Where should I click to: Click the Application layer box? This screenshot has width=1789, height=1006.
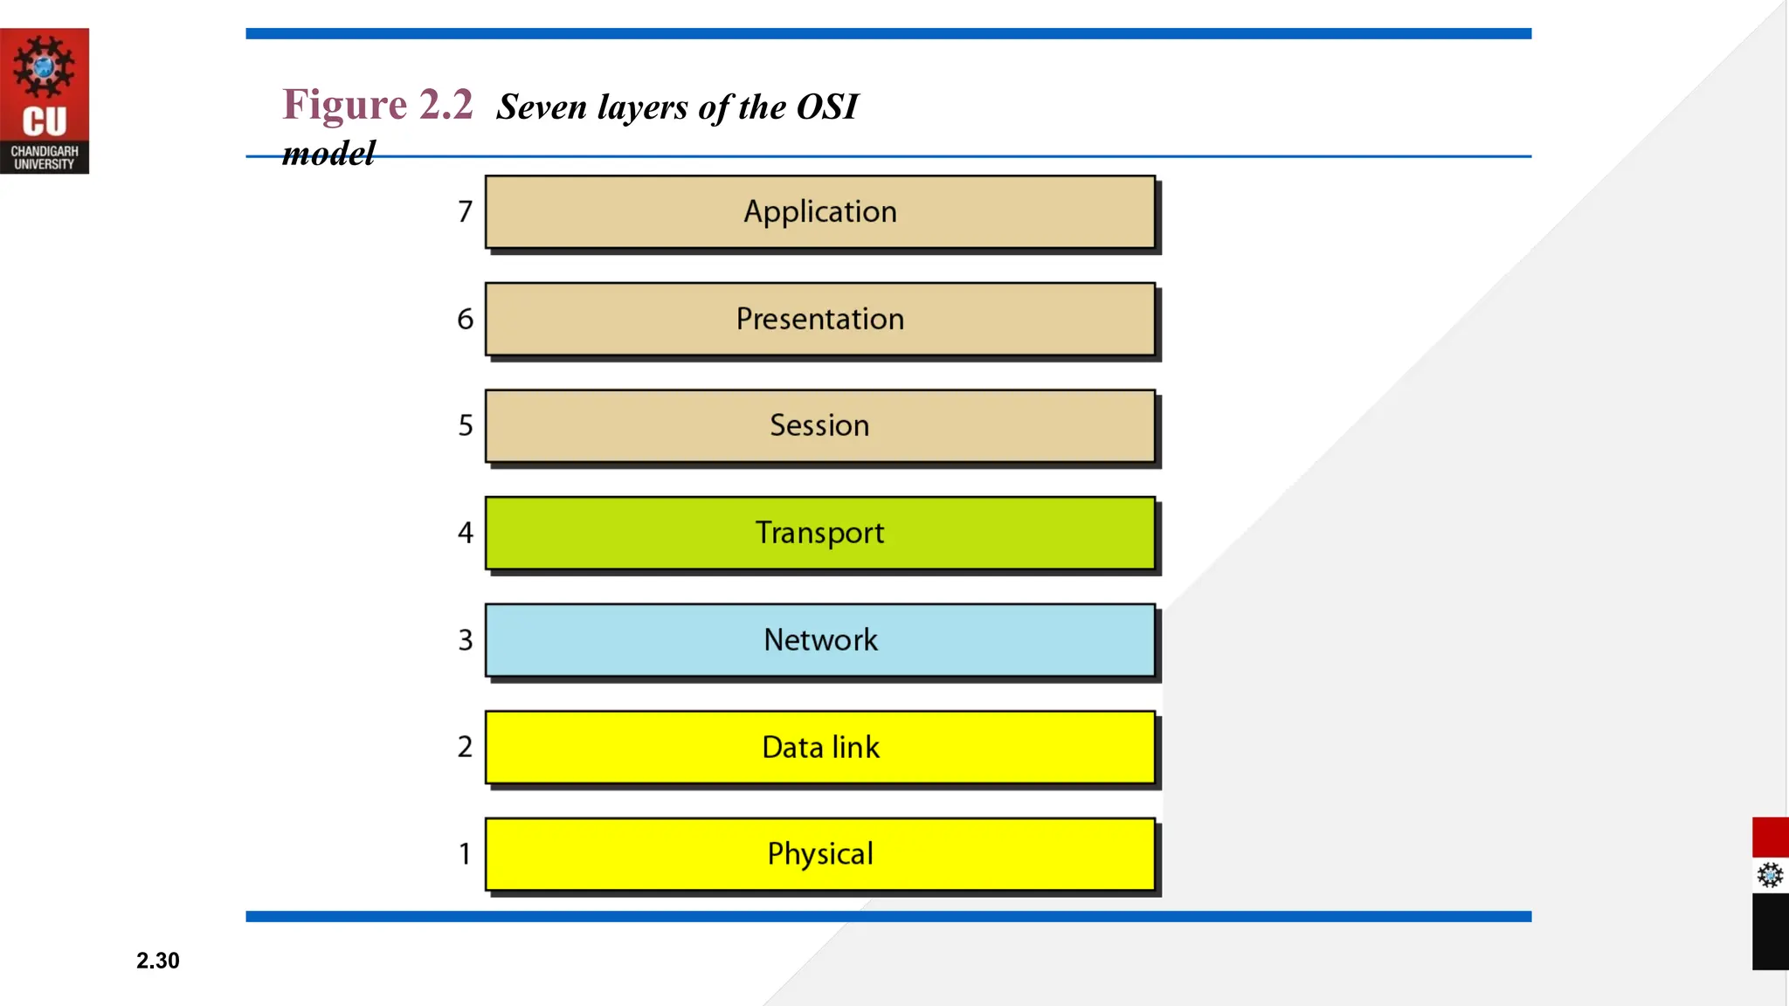[820, 212]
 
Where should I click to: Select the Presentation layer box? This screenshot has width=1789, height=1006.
[820, 319]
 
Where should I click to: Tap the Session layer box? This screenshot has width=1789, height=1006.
[820, 426]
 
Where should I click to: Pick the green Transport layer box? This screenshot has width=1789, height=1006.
[820, 533]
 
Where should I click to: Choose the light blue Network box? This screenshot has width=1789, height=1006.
[820, 640]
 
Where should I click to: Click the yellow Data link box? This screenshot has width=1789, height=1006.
[820, 748]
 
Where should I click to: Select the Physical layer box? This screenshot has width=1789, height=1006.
[820, 854]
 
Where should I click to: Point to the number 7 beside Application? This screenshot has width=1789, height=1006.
[465, 211]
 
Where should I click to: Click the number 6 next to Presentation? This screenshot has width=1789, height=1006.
[465, 319]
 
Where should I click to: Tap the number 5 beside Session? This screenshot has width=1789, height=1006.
[466, 425]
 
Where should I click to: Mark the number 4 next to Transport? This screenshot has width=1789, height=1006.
[465, 533]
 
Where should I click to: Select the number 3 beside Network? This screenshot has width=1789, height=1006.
[466, 640]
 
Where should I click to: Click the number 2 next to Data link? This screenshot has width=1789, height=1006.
[465, 747]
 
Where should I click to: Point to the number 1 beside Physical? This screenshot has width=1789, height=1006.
[465, 853]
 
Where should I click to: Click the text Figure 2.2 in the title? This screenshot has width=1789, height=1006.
[377, 105]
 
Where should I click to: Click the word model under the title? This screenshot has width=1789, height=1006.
[328, 154]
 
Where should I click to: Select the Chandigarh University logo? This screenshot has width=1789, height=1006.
[44, 100]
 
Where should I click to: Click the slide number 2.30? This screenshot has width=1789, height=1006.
[157, 961]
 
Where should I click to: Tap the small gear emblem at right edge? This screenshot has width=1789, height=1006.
[1770, 875]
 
